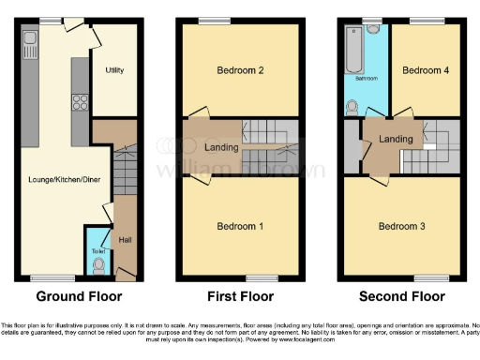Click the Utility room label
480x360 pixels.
tap(115, 70)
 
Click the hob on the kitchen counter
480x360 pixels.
tap(80, 104)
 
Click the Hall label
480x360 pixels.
tap(124, 241)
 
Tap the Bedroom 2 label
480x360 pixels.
tap(240, 70)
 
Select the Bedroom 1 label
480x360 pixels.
tap(240, 226)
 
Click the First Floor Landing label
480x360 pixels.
tap(220, 147)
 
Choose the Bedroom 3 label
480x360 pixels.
tap(401, 226)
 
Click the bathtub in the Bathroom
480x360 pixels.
tap(354, 52)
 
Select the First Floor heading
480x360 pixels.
tap(240, 296)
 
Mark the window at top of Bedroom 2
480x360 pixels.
tap(215, 20)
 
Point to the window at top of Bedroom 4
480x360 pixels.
tap(427, 20)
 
